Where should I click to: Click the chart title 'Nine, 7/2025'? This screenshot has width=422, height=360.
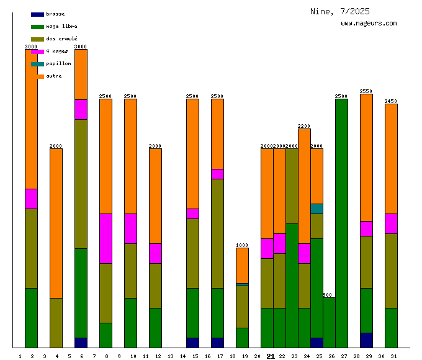[x=340, y=11]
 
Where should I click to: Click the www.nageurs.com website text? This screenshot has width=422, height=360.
[x=369, y=24]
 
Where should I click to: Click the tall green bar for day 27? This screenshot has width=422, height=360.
[x=341, y=223]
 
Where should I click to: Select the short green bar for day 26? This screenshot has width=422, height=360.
[x=329, y=323]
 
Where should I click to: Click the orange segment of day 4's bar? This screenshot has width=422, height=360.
[x=56, y=223]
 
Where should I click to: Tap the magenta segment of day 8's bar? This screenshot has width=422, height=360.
[x=105, y=238]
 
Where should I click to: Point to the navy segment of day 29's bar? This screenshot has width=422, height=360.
[x=366, y=340]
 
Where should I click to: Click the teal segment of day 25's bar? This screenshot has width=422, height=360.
[x=316, y=209]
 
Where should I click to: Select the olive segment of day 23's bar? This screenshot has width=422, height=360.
[x=292, y=186]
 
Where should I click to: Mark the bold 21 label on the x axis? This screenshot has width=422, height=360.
[x=271, y=356]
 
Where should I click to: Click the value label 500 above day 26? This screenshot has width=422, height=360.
[x=328, y=295]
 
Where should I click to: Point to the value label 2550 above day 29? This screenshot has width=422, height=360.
[x=366, y=91]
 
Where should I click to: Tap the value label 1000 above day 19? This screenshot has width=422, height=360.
[x=242, y=245]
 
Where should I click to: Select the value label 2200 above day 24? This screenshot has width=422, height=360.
[x=304, y=126]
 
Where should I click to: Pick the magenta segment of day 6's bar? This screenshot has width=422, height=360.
[x=81, y=109]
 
